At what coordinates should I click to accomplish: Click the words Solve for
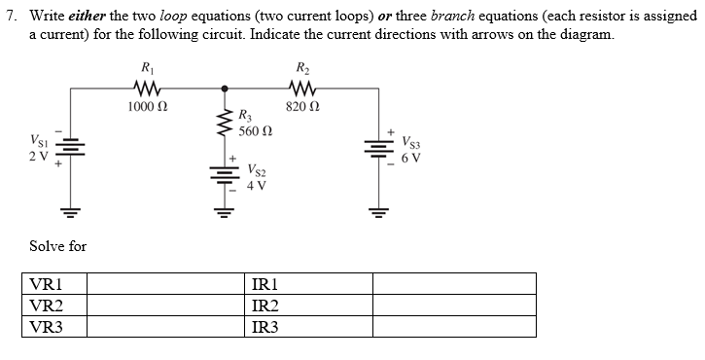(57, 246)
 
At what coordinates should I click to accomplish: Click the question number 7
(9, 17)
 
